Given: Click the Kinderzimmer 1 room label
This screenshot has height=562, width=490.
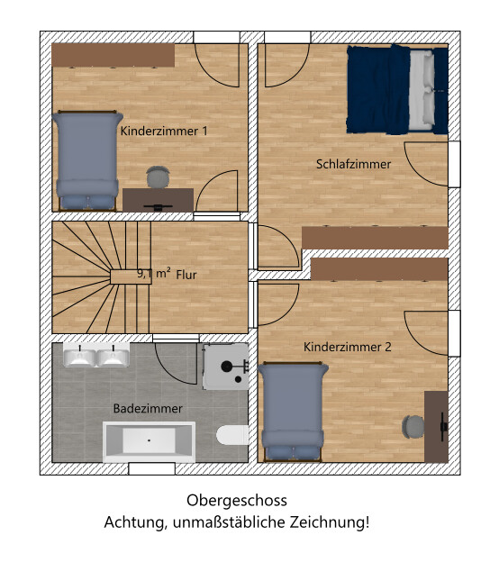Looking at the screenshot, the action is click(164, 131).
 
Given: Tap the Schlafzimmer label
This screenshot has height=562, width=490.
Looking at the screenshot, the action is click(353, 164).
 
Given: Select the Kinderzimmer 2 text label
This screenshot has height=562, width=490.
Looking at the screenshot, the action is click(348, 347).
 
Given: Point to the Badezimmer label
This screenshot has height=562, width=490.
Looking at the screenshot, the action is click(148, 409).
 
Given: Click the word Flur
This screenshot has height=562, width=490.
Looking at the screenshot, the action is click(186, 275).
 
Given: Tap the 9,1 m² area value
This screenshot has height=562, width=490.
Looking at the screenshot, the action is click(154, 274).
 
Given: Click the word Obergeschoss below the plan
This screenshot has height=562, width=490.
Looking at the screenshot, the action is click(237, 501).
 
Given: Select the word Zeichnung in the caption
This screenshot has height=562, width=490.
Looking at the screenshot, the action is click(330, 522).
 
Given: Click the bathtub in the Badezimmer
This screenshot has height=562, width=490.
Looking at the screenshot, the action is click(150, 442).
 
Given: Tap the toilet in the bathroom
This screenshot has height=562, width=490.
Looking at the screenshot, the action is click(232, 435).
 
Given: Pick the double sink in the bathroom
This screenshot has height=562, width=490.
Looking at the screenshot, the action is click(96, 355).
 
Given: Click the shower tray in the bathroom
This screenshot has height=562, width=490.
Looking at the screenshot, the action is click(226, 367).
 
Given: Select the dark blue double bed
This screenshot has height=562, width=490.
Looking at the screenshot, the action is click(397, 89).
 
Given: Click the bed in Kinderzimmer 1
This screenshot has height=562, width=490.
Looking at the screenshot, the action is click(87, 160).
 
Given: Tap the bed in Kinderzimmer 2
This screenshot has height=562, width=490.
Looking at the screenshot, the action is click(293, 412).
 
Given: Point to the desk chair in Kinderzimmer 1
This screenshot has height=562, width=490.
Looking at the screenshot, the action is click(158, 177).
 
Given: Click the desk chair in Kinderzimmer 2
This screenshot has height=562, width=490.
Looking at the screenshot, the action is click(413, 427).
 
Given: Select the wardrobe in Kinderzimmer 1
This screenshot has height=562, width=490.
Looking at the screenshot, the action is click(113, 56).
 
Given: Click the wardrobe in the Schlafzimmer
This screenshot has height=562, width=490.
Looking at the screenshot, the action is click(375, 238).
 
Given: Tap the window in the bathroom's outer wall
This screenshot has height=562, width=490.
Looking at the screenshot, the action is click(152, 469).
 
